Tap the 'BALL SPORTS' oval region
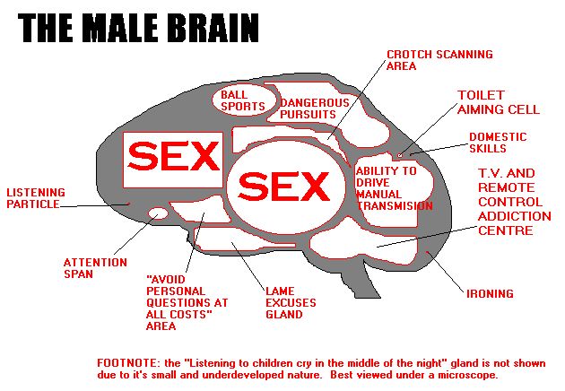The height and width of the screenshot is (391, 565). tap(245, 100)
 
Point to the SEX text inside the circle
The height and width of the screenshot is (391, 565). tap(284, 187)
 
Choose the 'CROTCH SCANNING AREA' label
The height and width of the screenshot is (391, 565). tap(439, 60)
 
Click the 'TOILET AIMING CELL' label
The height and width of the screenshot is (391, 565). tap(498, 102)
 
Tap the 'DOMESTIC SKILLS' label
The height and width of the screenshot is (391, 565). tap(497, 143)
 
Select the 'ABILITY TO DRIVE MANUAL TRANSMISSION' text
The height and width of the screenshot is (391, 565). tap(393, 187)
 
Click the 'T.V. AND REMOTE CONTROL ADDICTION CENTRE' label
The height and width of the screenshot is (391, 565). tap(514, 202)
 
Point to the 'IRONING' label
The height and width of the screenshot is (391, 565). tap(490, 293)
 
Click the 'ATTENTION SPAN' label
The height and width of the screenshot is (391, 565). tap(89, 268)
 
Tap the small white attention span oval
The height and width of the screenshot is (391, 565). tap(158, 213)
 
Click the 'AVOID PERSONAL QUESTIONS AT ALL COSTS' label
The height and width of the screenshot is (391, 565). tap(186, 302)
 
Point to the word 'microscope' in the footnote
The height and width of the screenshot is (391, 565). tap(463, 375)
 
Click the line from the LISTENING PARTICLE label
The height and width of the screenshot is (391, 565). tap(94, 205)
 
